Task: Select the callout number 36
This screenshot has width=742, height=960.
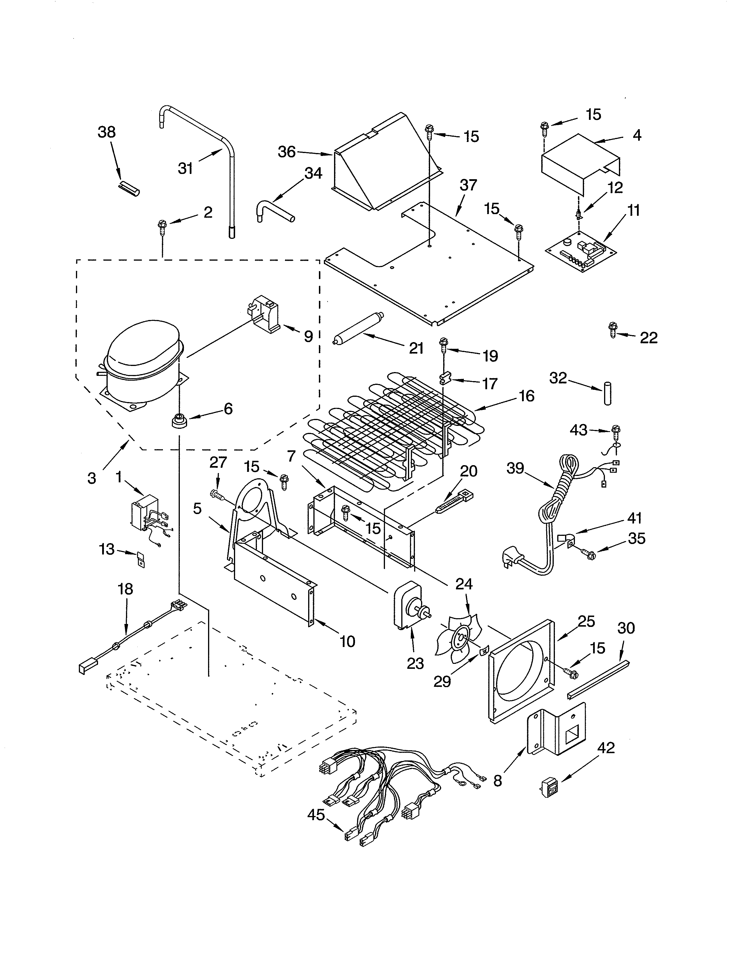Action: click(287, 152)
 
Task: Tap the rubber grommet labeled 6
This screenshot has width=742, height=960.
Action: click(179, 421)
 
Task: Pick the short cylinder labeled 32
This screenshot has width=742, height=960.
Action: click(608, 392)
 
